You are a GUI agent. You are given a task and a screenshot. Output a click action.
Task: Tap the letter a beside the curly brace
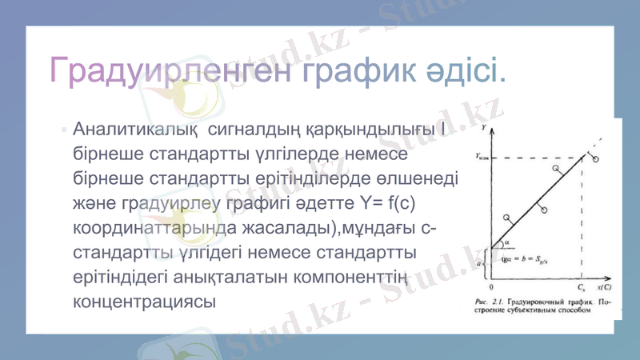pos(479,261)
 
